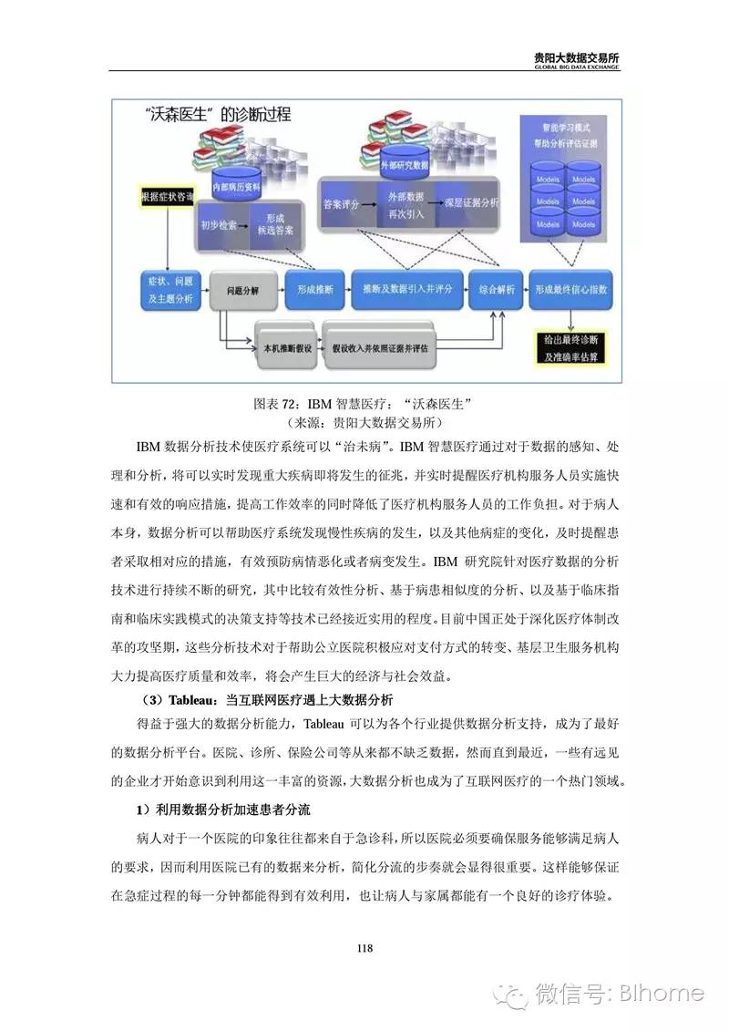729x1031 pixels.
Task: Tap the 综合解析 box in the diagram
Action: tap(497, 290)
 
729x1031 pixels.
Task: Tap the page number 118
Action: tap(364, 949)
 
